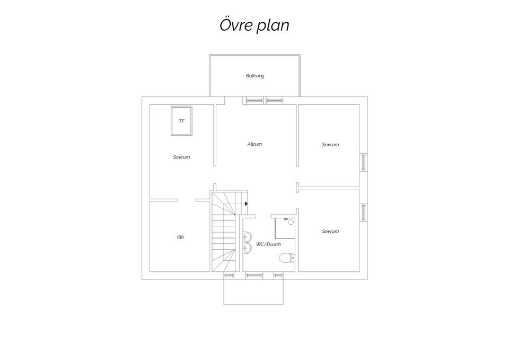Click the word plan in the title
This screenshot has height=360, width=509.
273,26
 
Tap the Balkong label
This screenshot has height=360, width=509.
255,76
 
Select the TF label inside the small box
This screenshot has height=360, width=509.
181,121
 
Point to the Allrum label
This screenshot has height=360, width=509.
254,144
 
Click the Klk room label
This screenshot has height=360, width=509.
180,237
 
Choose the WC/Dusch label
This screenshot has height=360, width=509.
268,244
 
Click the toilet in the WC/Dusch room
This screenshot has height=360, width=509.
287,258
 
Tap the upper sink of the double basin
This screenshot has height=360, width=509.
248,236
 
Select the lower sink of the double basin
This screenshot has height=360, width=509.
248,248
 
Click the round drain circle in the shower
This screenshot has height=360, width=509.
291,222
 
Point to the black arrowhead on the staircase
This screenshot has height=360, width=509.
247,204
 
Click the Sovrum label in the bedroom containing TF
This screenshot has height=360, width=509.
181,157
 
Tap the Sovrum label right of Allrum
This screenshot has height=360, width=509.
330,144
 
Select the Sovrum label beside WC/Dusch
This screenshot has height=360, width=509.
330,231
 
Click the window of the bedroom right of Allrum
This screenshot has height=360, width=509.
364,162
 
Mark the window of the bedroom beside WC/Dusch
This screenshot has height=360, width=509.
364,213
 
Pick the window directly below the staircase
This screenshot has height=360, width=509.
229,276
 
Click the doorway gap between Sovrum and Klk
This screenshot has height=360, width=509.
187,200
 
